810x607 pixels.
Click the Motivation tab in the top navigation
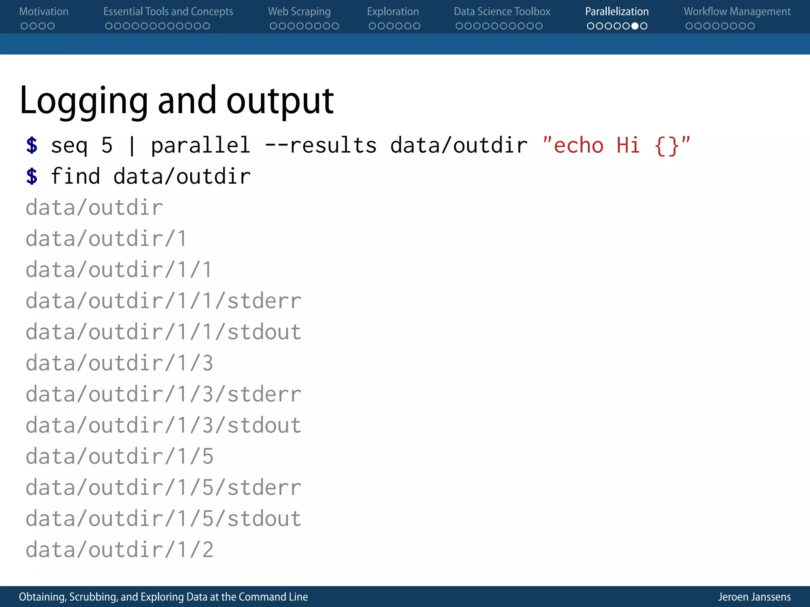[44, 11]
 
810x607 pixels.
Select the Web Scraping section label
[299, 11]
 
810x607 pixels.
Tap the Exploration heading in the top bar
[393, 11]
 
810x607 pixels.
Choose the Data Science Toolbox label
[502, 11]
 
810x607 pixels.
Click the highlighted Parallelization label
[617, 11]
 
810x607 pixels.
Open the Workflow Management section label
[737, 11]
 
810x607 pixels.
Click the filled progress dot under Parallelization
[635, 26]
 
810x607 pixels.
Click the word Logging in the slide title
[83, 101]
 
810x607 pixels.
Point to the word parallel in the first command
[201, 145]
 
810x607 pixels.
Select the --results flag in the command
[321, 145]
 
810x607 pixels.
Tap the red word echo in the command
[579, 145]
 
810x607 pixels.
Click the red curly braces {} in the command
[666, 146]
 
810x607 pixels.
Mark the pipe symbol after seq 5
[132, 146]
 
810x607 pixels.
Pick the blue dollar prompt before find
[32, 176]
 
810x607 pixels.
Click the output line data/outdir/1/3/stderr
[163, 394]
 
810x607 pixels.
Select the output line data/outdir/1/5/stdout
[163, 518]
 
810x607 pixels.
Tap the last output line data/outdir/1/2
[119, 550]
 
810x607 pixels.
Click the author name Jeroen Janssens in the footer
[754, 597]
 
